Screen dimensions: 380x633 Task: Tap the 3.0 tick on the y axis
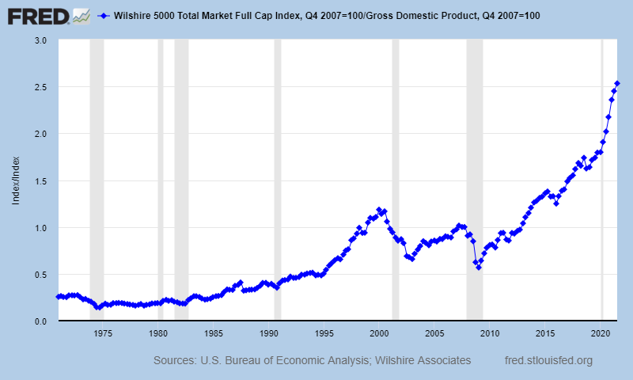[x=41, y=40]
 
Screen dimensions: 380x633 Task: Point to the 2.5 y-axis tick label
[x=41, y=87]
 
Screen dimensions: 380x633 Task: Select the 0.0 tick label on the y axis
[x=41, y=321]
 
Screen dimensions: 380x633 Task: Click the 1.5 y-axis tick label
[x=41, y=180]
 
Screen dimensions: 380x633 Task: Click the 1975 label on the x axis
[x=103, y=333]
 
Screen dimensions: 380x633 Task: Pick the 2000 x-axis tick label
[x=380, y=333]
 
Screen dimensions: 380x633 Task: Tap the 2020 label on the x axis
[x=601, y=333]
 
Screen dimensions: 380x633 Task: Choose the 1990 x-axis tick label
[x=269, y=333]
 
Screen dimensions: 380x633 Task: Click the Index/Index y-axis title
[x=15, y=180]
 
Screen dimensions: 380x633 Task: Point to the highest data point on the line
[x=617, y=83]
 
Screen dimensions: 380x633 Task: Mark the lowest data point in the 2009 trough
[x=479, y=268]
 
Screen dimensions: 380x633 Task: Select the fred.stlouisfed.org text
[x=548, y=361]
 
